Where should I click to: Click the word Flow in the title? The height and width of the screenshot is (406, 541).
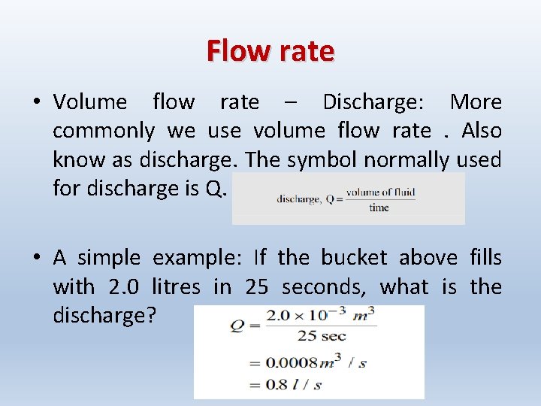[x=234, y=51]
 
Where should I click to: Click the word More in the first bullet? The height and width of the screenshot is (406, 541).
[x=475, y=101]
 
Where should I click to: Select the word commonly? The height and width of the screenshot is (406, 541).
[x=104, y=131]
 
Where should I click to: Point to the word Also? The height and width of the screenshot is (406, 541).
[x=482, y=130]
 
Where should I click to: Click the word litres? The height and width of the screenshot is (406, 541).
[x=176, y=286]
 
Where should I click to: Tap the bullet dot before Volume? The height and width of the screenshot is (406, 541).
[x=36, y=102]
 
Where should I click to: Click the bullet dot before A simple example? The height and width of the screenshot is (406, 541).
[x=36, y=259]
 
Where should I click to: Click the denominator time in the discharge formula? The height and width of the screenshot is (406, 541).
[x=379, y=208]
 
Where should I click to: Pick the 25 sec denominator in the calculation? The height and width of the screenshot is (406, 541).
[x=321, y=335]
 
